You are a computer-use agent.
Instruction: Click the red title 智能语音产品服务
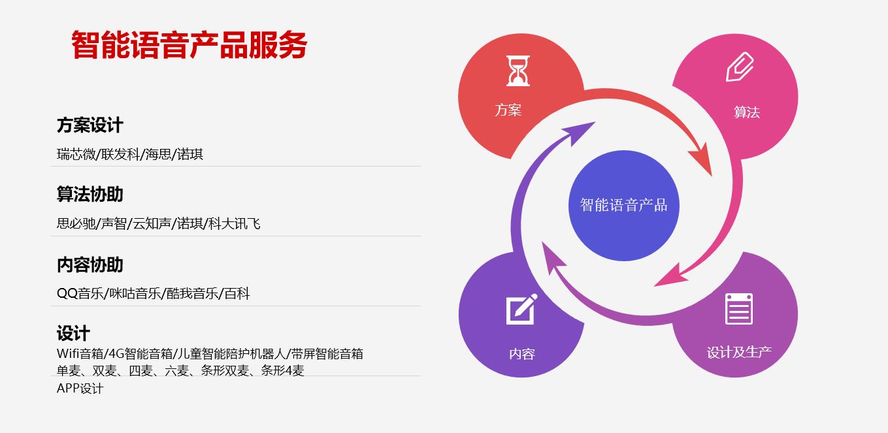coord(189,45)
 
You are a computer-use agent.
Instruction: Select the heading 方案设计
coord(90,125)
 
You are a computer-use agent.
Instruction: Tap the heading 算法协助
coord(90,194)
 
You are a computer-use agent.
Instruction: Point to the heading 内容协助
coord(90,265)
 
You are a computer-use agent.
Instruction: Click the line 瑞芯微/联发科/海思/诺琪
coord(130,154)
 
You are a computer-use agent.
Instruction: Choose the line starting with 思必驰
coord(159,224)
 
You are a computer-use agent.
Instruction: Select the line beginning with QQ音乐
coord(154,293)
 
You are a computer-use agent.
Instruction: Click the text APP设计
coord(80,388)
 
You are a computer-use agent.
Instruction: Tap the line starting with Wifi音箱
coord(210,353)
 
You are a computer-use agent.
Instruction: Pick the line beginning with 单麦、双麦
coord(180,370)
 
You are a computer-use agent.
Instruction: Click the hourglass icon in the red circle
coord(518,71)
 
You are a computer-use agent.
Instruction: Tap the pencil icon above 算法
coord(740,67)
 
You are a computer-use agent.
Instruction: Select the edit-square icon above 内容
coord(521,309)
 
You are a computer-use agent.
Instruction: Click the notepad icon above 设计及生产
coord(739,309)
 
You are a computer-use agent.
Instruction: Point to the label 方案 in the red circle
coord(508,110)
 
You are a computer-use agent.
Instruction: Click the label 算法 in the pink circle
coord(747,112)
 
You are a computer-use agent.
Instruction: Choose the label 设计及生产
coord(739,352)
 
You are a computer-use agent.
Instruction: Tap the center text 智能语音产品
coord(623,205)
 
